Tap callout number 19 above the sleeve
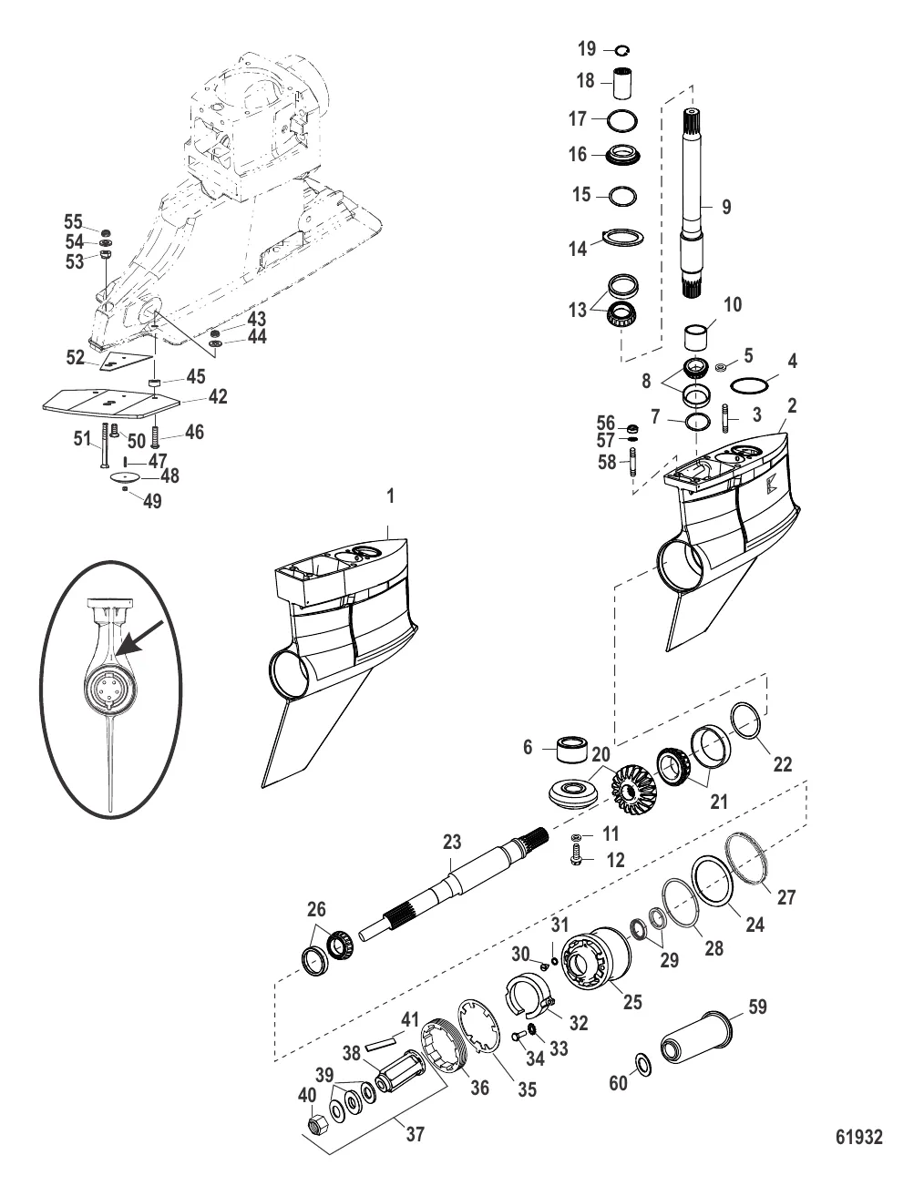click(x=588, y=48)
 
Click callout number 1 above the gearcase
click(x=390, y=496)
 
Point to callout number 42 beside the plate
click(x=217, y=396)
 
